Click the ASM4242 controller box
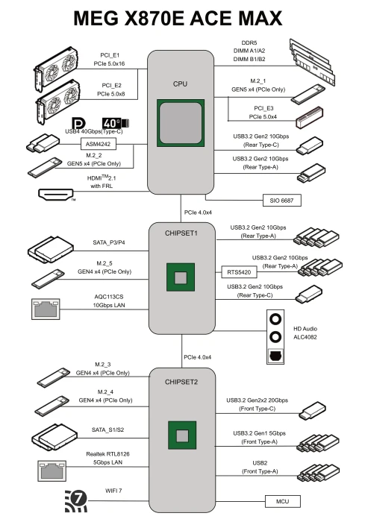point(99,144)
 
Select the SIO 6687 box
point(281,201)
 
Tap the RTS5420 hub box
point(240,272)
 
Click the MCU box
point(283,501)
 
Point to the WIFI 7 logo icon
point(75,500)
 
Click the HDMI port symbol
point(56,195)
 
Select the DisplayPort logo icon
point(78,123)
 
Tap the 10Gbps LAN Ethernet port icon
point(46,309)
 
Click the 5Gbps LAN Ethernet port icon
point(52,471)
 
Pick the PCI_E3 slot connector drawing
point(310,118)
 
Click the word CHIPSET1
point(181,233)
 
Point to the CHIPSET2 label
point(181,382)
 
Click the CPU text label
point(180,84)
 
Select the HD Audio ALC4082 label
point(305,333)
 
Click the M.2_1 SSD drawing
point(308,93)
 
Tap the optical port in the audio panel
point(275,356)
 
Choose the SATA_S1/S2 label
point(107,430)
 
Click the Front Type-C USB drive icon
point(312,411)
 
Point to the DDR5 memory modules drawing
point(312,62)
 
